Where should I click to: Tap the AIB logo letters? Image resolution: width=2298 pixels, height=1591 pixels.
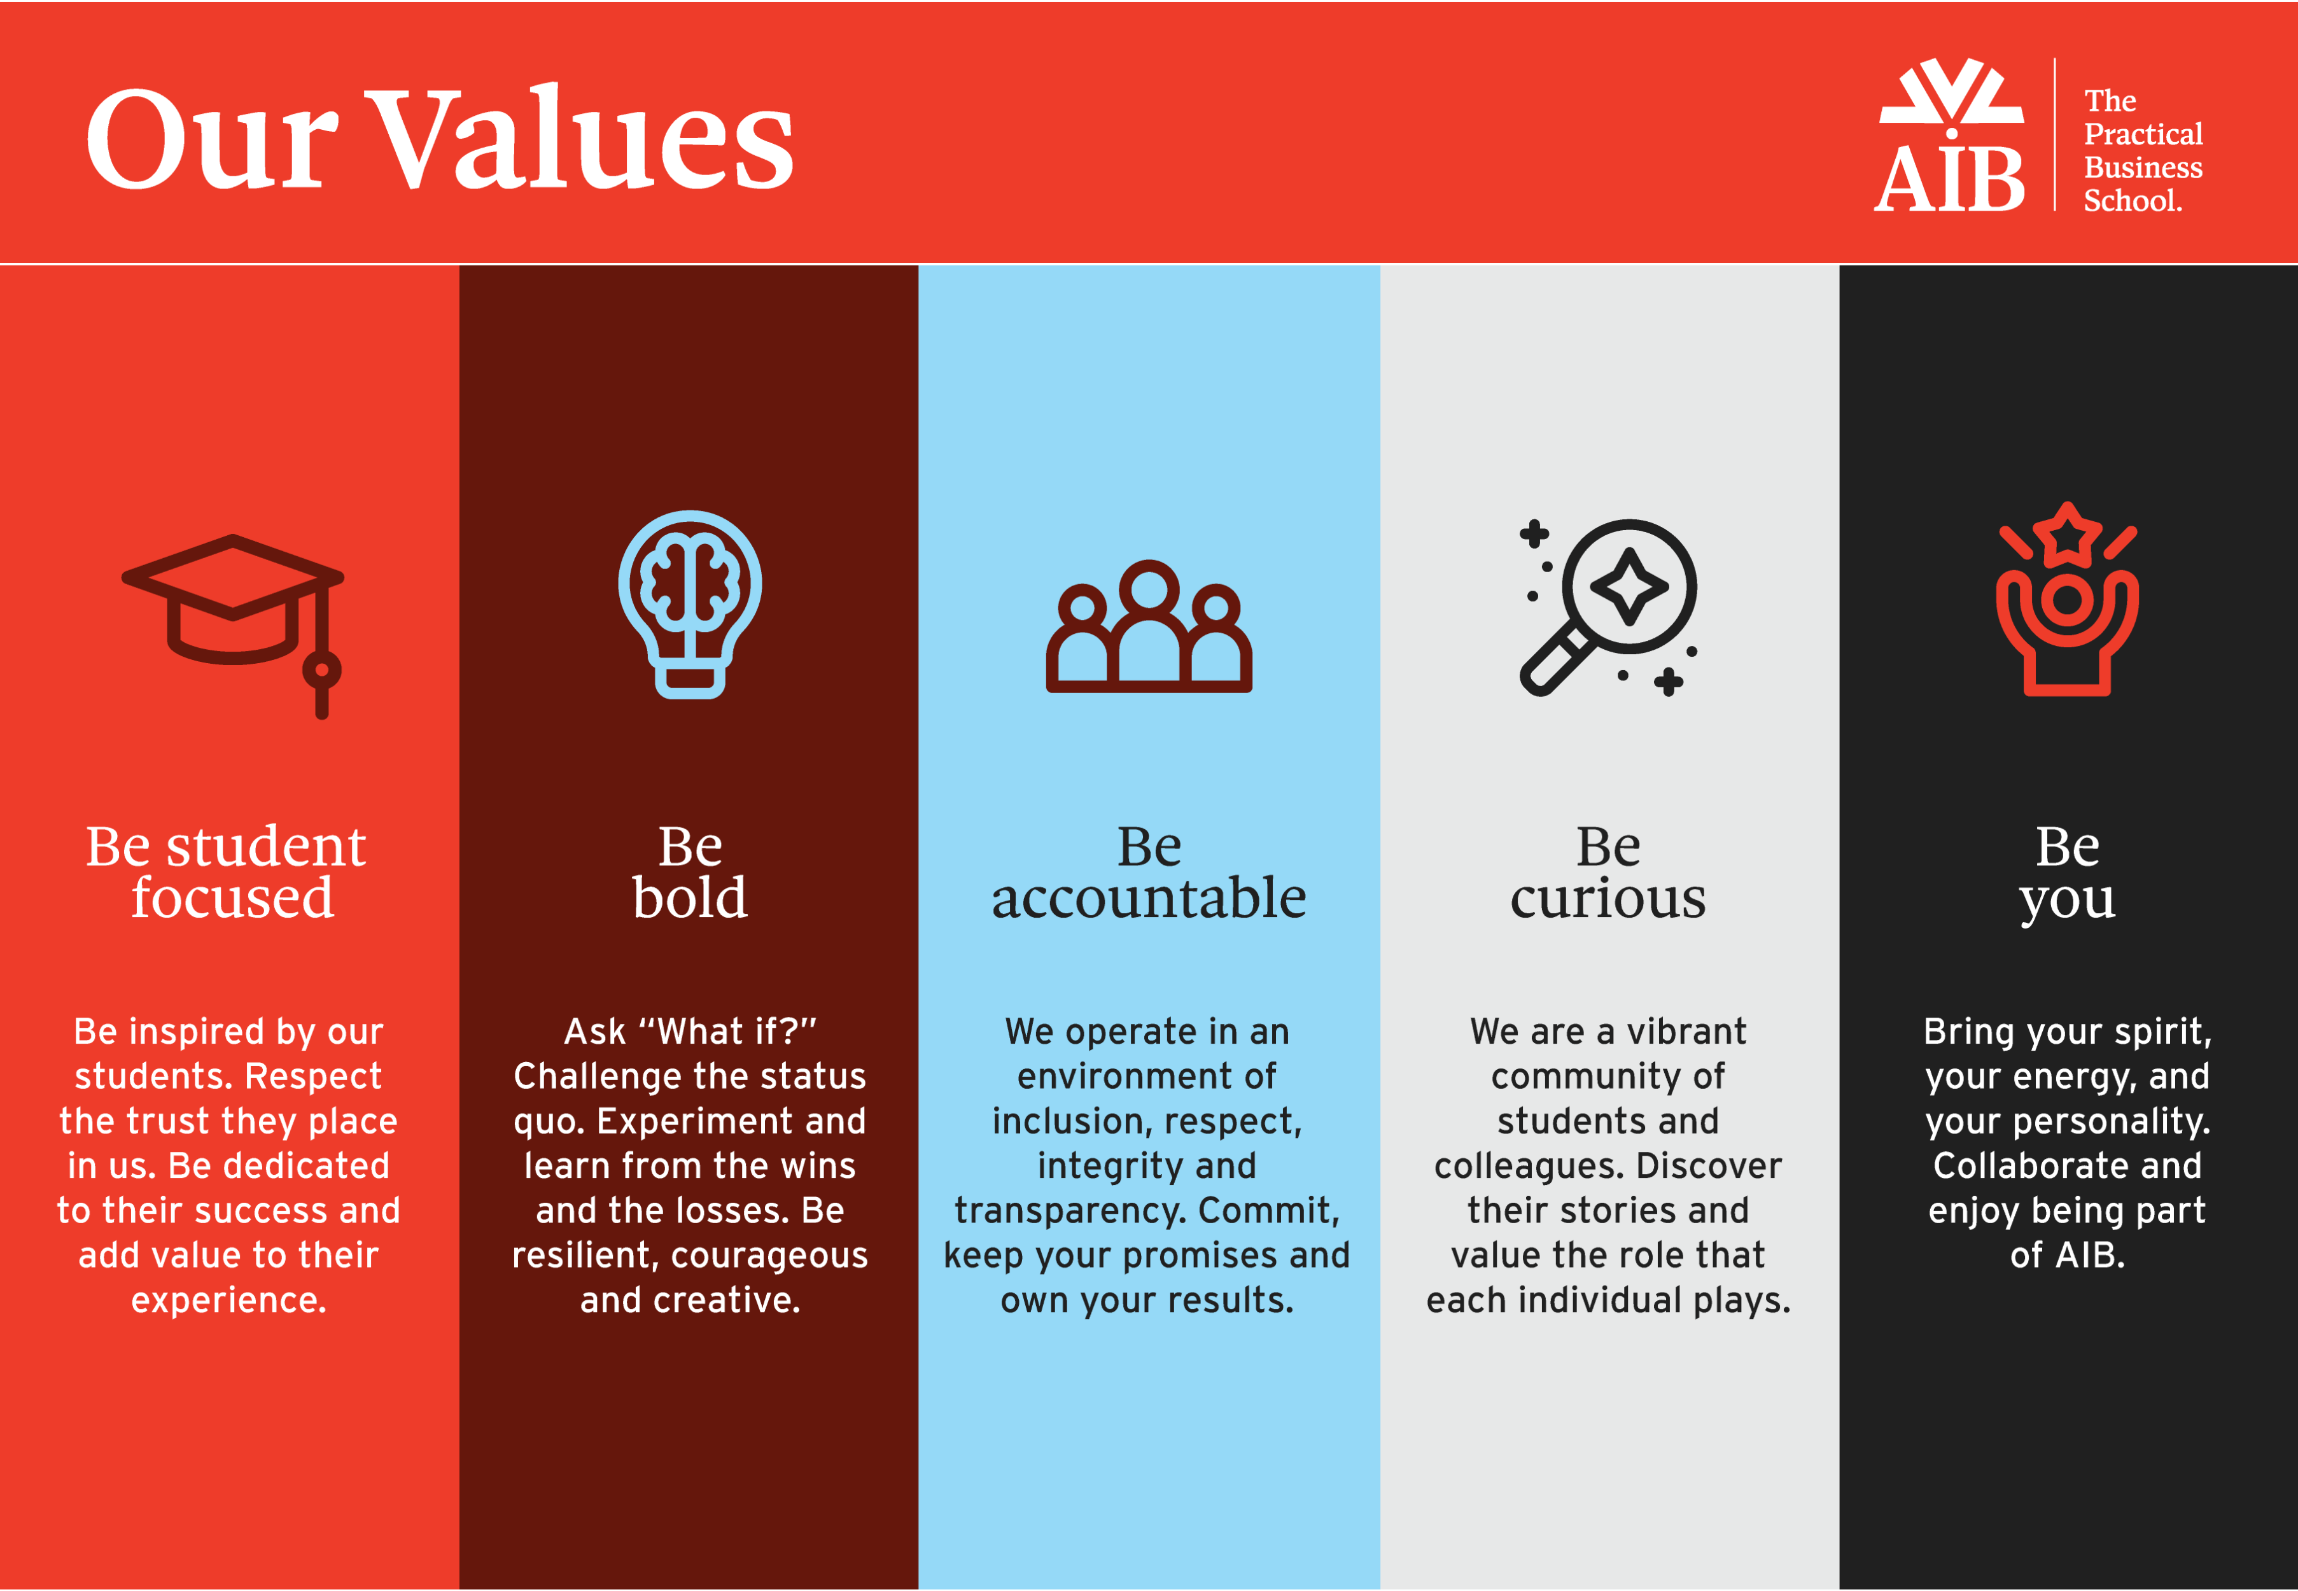[x=1949, y=179]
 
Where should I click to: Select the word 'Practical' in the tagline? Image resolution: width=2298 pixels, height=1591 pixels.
[x=2143, y=134]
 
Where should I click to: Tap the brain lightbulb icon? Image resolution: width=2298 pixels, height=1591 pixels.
[x=690, y=604]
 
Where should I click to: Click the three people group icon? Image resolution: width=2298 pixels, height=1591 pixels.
[x=1149, y=626]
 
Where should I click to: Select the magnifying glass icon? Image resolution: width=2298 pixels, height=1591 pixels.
[x=1608, y=606]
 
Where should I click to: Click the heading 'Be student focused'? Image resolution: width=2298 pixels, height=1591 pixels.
[x=227, y=871]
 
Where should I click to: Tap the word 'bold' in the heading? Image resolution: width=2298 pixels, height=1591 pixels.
[x=690, y=897]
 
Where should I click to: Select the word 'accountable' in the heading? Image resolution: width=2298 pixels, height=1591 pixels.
[x=1149, y=897]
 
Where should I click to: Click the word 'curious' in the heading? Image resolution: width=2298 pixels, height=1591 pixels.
[x=1608, y=898]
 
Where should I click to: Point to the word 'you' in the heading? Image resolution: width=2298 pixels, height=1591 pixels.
[x=2068, y=902]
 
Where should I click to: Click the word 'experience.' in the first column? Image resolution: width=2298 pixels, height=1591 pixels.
[x=229, y=1300]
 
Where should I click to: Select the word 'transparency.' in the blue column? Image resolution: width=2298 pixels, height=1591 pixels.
[x=1068, y=1210]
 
